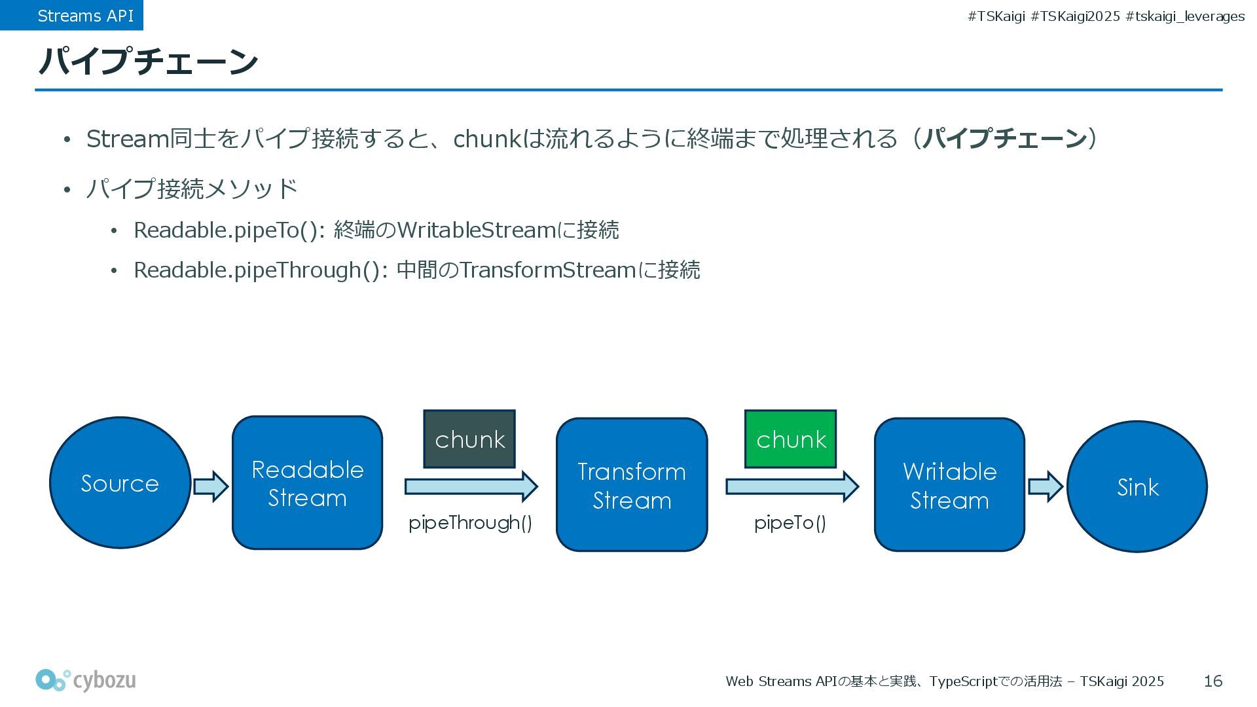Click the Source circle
click(120, 482)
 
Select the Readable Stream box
click(307, 483)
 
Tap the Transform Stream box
click(632, 485)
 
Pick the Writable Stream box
click(949, 485)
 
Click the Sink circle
click(1137, 486)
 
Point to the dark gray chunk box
click(469, 439)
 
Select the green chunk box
click(790, 439)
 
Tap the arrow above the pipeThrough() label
click(471, 486)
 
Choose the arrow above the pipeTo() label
click(792, 486)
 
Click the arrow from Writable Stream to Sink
click(1045, 486)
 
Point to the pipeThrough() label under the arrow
click(470, 522)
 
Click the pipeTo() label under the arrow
click(790, 522)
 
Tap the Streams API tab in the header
click(85, 16)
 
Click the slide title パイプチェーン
click(148, 62)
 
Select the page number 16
click(1212, 681)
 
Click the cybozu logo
click(86, 680)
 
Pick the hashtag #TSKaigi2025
click(1075, 16)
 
